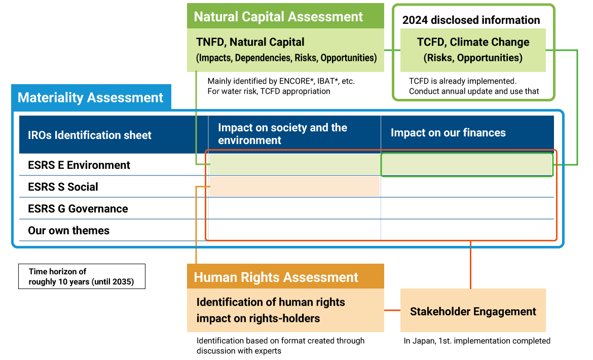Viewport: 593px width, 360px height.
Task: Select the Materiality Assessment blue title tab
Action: [91, 97]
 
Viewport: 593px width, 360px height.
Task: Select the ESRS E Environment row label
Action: [79, 165]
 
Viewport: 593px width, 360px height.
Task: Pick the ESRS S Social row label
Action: [63, 187]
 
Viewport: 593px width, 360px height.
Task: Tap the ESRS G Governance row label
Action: [78, 209]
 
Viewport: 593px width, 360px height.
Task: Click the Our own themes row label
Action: [68, 231]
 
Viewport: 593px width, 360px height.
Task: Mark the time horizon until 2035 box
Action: [82, 276]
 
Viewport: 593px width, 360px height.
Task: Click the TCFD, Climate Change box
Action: [473, 50]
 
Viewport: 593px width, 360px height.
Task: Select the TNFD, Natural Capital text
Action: [250, 42]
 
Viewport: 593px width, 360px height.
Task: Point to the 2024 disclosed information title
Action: [471, 20]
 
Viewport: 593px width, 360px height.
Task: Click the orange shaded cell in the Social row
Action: [294, 187]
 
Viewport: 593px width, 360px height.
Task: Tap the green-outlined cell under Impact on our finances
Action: [467, 165]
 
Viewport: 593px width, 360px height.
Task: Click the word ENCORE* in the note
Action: [296, 81]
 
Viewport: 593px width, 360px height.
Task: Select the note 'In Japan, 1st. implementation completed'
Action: [477, 341]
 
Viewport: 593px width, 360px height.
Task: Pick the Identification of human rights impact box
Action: [285, 310]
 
